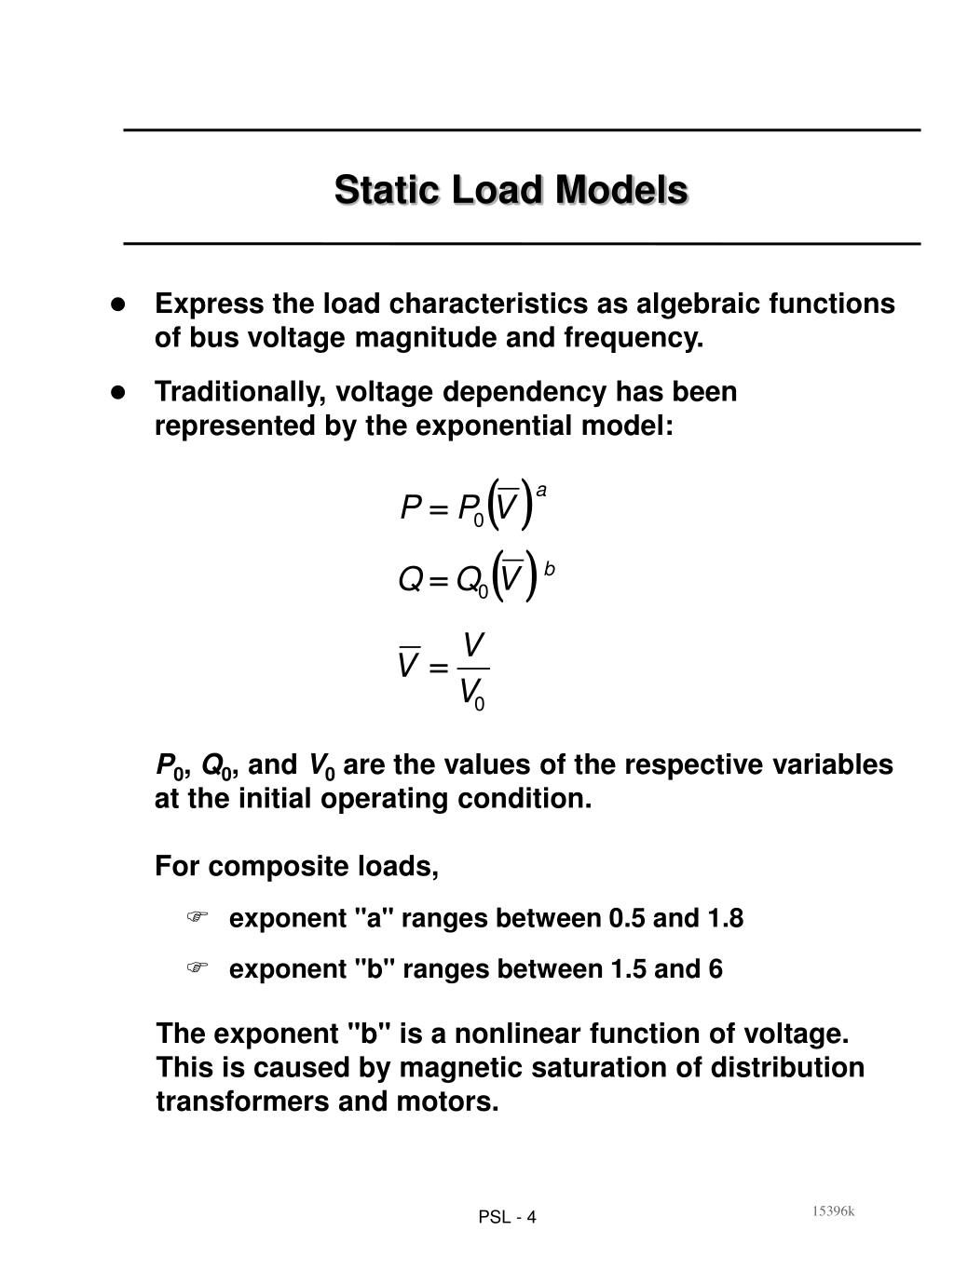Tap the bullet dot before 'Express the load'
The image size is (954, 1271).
click(118, 304)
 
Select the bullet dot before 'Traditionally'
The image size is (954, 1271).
click(118, 392)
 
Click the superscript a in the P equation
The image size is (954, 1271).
click(541, 490)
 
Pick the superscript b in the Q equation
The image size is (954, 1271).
click(550, 568)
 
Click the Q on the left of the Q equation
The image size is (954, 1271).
click(410, 580)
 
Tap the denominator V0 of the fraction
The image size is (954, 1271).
click(472, 693)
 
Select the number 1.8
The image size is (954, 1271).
click(725, 918)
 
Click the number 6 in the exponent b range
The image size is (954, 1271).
click(715, 969)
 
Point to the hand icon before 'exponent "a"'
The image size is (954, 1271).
click(197, 917)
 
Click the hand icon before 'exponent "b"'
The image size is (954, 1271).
click(197, 968)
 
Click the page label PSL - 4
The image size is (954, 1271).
click(507, 1217)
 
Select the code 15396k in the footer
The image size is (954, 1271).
click(832, 1210)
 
